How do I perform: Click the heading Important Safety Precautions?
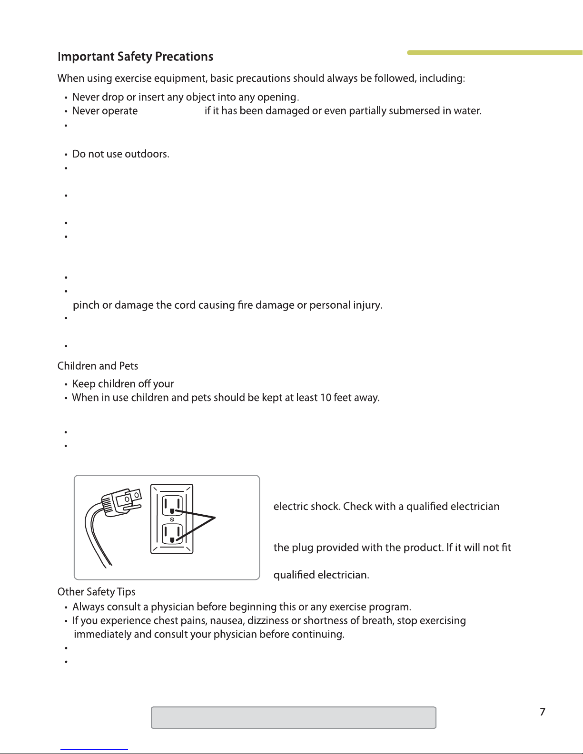pyautogui.click(x=135, y=57)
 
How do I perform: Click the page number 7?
pyautogui.click(x=542, y=712)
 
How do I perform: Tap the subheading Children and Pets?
pyautogui.click(x=98, y=366)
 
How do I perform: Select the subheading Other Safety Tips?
pyautogui.click(x=96, y=592)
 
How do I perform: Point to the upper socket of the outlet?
pyautogui.click(x=172, y=506)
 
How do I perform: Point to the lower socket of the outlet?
pyautogui.click(x=172, y=533)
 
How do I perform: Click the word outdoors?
pyautogui.click(x=148, y=154)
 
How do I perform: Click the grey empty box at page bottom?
pyautogui.click(x=293, y=718)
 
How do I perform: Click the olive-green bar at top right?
pyautogui.click(x=495, y=52)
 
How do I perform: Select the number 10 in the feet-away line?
pyautogui.click(x=326, y=398)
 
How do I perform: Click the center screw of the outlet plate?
pyautogui.click(x=172, y=519)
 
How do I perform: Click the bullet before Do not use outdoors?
pyautogui.click(x=66, y=154)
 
